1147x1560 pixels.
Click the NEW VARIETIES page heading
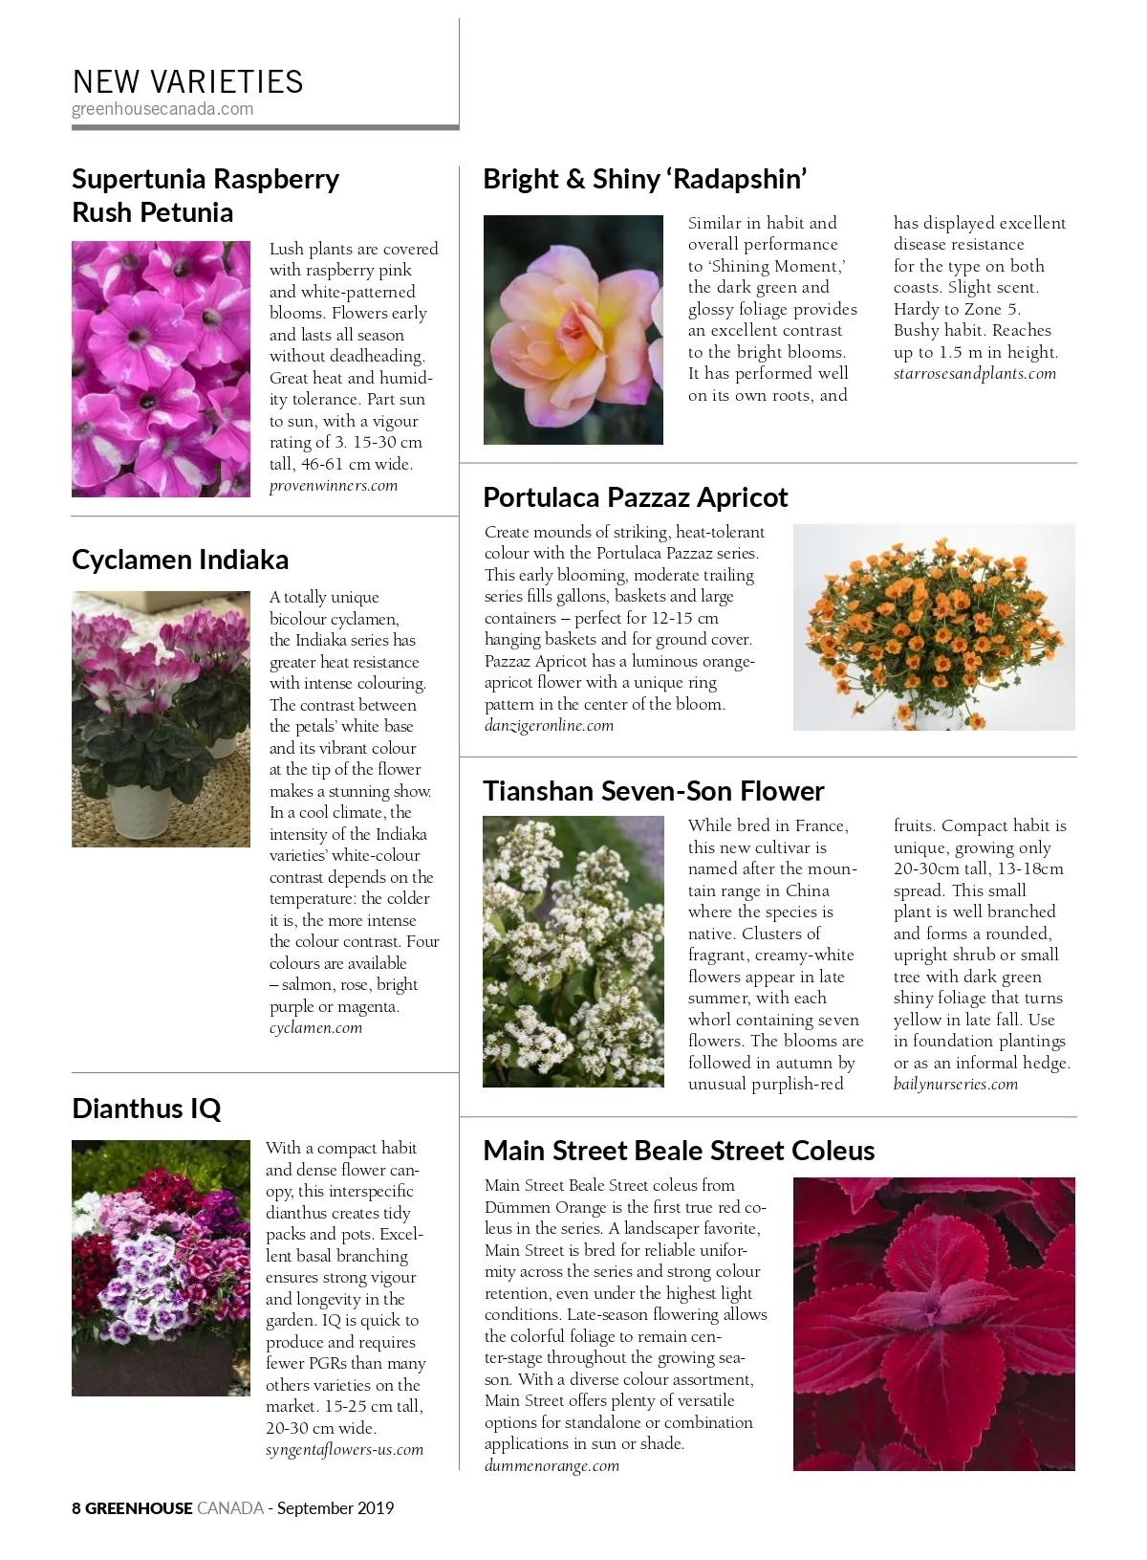[x=187, y=81]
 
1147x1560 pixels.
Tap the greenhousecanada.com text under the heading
[x=162, y=109]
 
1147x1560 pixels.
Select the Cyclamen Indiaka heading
[x=180, y=560]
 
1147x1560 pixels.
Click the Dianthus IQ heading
[x=146, y=1109]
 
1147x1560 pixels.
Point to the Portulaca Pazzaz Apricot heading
[x=635, y=497]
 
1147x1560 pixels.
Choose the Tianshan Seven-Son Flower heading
[x=653, y=791]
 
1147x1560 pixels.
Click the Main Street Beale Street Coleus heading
[x=679, y=1150]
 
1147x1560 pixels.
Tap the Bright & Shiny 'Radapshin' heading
[x=645, y=179]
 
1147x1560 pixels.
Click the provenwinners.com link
[x=333, y=486]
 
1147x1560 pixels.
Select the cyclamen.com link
[x=315, y=1028]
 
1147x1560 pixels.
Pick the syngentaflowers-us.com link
[x=344, y=1450]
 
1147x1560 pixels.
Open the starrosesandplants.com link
[x=974, y=374]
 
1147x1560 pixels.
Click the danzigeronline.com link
[x=549, y=726]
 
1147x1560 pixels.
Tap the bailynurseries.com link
[x=955, y=1085]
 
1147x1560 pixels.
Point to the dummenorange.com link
[x=552, y=1466]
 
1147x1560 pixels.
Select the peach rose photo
[x=573, y=329]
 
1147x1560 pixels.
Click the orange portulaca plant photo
[x=934, y=626]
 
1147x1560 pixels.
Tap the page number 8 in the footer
[x=76, y=1508]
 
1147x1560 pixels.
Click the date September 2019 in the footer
[x=335, y=1508]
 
